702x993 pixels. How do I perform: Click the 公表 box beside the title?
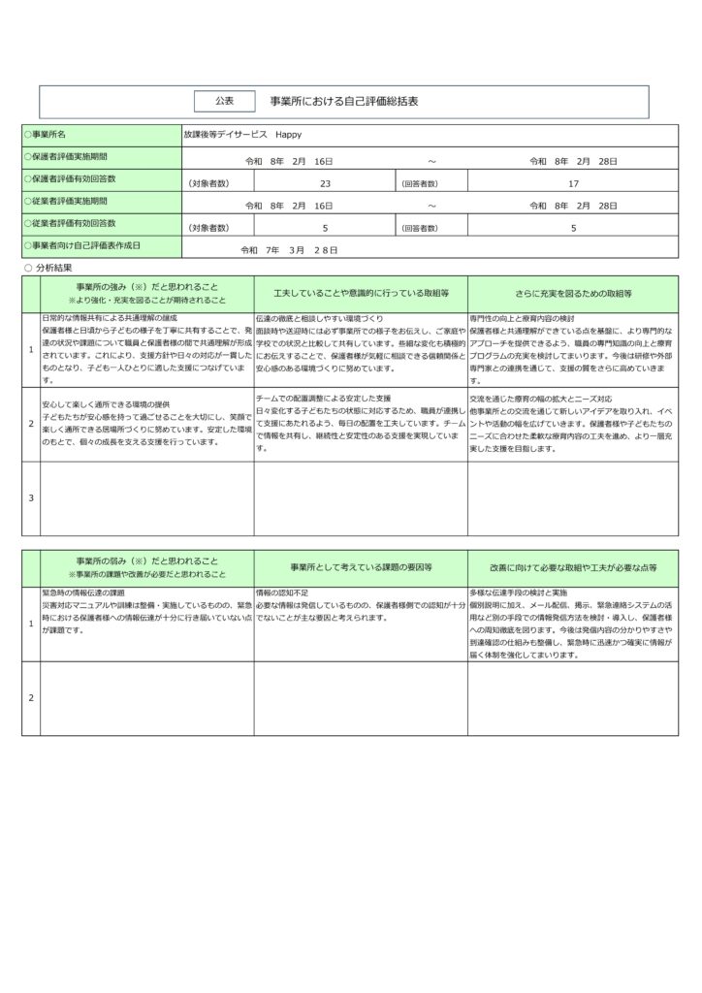[224, 101]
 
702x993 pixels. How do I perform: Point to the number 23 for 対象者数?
[325, 181]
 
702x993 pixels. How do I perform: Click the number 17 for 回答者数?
[573, 181]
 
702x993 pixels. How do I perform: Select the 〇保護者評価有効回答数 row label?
[75, 178]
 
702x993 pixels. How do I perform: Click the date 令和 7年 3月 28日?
[289, 250]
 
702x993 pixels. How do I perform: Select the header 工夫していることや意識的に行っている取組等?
[361, 292]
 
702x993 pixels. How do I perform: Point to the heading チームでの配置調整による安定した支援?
[323, 399]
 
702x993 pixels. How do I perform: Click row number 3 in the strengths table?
[31, 497]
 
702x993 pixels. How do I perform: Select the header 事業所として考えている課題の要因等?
[361, 566]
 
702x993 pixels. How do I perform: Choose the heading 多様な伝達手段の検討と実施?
[518, 592]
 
